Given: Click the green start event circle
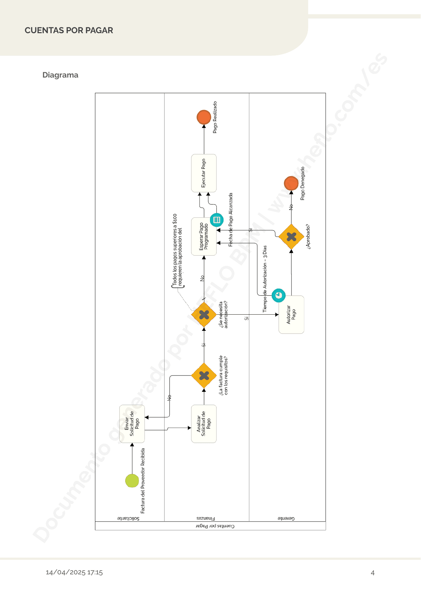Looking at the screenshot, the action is click(132, 481).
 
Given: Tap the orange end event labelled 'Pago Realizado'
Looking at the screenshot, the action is click(204, 117).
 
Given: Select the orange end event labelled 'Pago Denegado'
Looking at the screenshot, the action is click(291, 183).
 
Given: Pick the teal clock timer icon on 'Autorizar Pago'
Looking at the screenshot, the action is click(279, 295).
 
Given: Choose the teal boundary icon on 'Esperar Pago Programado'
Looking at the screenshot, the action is click(217, 220).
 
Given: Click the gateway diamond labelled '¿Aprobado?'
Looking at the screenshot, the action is click(291, 237).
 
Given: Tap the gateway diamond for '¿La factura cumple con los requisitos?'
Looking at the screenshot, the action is click(204, 376).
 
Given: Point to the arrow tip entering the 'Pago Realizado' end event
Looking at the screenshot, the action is click(204, 125).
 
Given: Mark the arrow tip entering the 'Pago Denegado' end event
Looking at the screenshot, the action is click(291, 191).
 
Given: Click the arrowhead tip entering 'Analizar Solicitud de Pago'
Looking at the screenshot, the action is click(191, 428).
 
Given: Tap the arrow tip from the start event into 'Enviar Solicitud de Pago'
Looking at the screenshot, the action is click(132, 443).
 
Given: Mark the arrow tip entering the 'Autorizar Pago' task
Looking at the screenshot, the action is click(279, 315).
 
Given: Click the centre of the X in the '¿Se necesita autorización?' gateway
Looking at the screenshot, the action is click(204, 315).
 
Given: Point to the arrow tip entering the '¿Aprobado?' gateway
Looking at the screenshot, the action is click(291, 250).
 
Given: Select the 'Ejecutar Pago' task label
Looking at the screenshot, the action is click(204, 173).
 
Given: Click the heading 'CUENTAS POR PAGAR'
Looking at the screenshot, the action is click(69, 30).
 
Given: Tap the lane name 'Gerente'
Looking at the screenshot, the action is click(286, 518).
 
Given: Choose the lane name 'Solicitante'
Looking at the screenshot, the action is click(128, 518).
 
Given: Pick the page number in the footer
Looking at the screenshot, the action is click(372, 573).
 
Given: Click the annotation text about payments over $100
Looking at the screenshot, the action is click(177, 250).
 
